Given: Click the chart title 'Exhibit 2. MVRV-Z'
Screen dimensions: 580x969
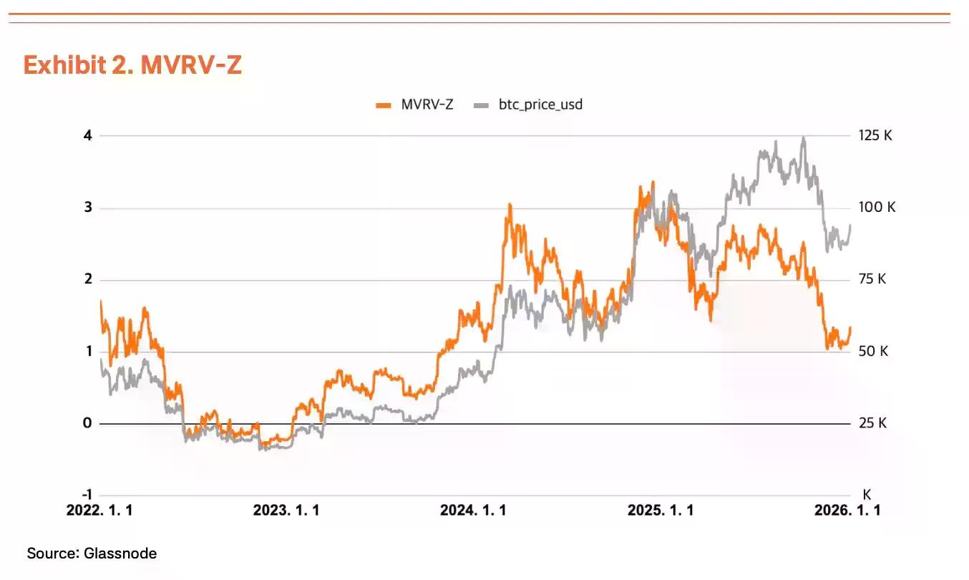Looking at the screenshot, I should coord(132,65).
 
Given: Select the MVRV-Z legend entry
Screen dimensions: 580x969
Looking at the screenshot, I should coord(414,105).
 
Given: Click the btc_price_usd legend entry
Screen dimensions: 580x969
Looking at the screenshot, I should coord(529,105).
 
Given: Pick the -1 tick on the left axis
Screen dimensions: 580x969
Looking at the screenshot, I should coord(86,495).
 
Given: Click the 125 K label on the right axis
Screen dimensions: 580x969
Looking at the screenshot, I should coord(875,135).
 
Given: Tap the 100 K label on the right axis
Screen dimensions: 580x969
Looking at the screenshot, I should coord(877,208).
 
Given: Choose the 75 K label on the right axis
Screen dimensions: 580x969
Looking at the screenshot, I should coord(872,279).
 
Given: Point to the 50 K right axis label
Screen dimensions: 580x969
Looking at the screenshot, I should coord(873,352).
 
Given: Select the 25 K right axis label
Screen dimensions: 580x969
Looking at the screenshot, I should coord(872,423).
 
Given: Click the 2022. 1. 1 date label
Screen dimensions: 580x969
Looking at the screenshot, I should coord(99,511).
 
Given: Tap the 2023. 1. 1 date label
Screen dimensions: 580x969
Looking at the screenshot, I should coord(286,511).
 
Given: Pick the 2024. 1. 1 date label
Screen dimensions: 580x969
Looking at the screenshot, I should coord(473,511).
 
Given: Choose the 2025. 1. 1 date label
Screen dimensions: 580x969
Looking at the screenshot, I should coord(660,511).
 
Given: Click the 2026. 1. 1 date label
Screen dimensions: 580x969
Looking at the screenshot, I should coord(847,511).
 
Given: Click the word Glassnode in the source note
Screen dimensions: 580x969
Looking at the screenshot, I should coord(120,554).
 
